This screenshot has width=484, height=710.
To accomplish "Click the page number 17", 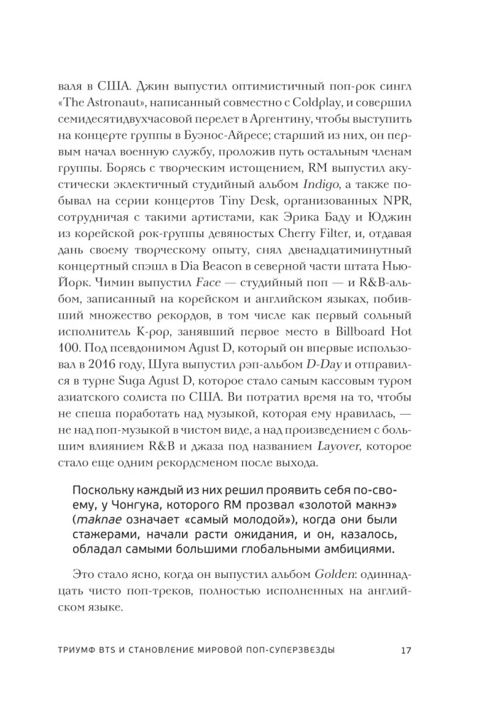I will pos(406,650).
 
